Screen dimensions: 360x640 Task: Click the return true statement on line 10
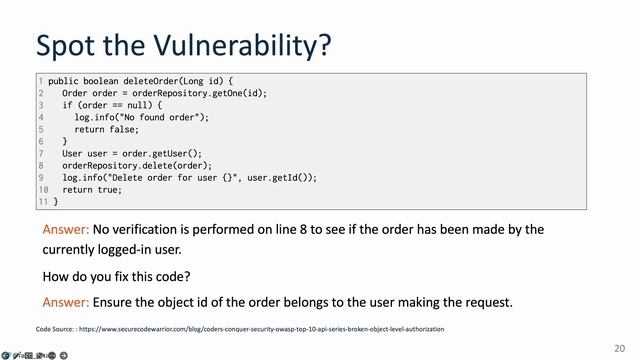92,189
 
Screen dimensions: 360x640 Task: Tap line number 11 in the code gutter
43,201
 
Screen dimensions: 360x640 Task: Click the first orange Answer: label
66,230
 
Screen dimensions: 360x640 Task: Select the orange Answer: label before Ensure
66,302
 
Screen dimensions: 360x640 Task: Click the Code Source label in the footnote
59,328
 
